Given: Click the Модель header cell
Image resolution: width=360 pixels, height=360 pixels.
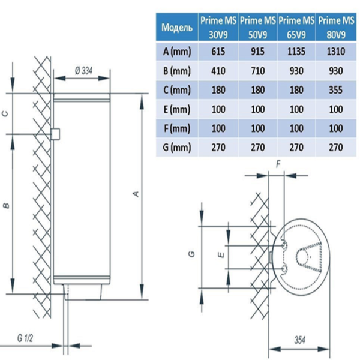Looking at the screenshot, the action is pyautogui.click(x=177, y=28).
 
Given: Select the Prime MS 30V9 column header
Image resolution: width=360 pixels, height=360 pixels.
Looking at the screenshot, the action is pyautogui.click(x=218, y=28).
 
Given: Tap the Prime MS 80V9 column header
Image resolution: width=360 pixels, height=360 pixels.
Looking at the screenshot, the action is pyautogui.click(x=336, y=28).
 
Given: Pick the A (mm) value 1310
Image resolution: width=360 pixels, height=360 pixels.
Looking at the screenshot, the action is pyautogui.click(x=336, y=51).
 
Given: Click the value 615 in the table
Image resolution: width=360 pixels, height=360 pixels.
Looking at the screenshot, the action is pyautogui.click(x=218, y=51).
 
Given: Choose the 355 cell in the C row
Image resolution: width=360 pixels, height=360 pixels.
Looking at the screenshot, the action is pyautogui.click(x=336, y=90).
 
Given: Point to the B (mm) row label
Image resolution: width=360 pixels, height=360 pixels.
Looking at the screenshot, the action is pyautogui.click(x=177, y=71).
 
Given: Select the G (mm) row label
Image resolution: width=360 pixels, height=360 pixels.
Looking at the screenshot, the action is pyautogui.click(x=177, y=148).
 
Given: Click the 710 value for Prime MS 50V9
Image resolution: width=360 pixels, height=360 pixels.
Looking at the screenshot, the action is pyautogui.click(x=257, y=71).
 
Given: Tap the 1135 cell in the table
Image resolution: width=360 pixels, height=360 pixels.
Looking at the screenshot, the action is pyautogui.click(x=296, y=51).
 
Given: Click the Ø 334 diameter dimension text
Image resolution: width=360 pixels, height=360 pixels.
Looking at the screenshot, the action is pyautogui.click(x=83, y=71).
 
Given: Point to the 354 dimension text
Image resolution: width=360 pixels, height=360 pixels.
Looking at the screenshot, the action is pyautogui.click(x=299, y=340).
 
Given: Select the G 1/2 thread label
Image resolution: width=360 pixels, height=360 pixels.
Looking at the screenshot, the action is pyautogui.click(x=25, y=338).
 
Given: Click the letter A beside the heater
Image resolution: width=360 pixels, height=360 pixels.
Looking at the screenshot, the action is pyautogui.click(x=136, y=194).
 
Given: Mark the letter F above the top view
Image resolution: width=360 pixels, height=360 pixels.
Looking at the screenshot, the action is pyautogui.click(x=278, y=164).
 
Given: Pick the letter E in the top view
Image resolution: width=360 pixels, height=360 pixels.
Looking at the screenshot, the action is pyautogui.click(x=221, y=254).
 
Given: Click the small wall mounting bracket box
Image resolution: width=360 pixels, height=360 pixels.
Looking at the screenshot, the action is pyautogui.click(x=55, y=134).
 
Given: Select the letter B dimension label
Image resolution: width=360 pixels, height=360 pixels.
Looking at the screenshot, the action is pyautogui.click(x=7, y=205).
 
